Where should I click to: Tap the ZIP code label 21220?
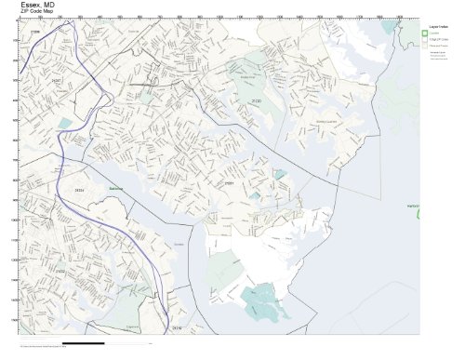pyautogui.click(x=255, y=100)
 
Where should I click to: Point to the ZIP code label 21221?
pyautogui.click(x=228, y=184)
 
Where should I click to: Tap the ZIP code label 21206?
pyautogui.click(x=35, y=33)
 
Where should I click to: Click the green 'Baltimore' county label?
pyautogui.click(x=116, y=187)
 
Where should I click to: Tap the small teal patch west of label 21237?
pyautogui.click(x=65, y=122)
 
